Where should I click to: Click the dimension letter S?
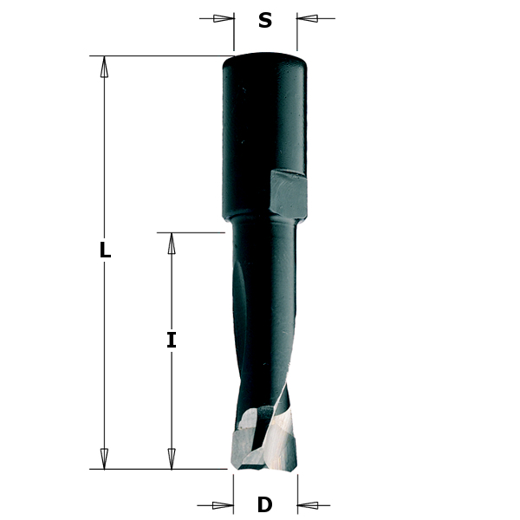click(x=265, y=21)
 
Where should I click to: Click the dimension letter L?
click(x=105, y=250)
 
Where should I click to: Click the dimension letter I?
click(x=172, y=341)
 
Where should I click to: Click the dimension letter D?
click(x=265, y=505)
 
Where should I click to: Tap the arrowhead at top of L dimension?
click(x=104, y=67)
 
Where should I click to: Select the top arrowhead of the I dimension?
click(x=172, y=244)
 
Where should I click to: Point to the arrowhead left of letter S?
click(x=224, y=18)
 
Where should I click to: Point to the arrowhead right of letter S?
click(x=308, y=18)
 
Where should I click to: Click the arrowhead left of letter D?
click(x=224, y=505)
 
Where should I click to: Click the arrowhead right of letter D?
click(x=308, y=505)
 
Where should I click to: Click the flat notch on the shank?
click(x=288, y=193)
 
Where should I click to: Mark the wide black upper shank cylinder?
click(x=260, y=130)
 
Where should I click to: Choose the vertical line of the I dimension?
click(x=172, y=399)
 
